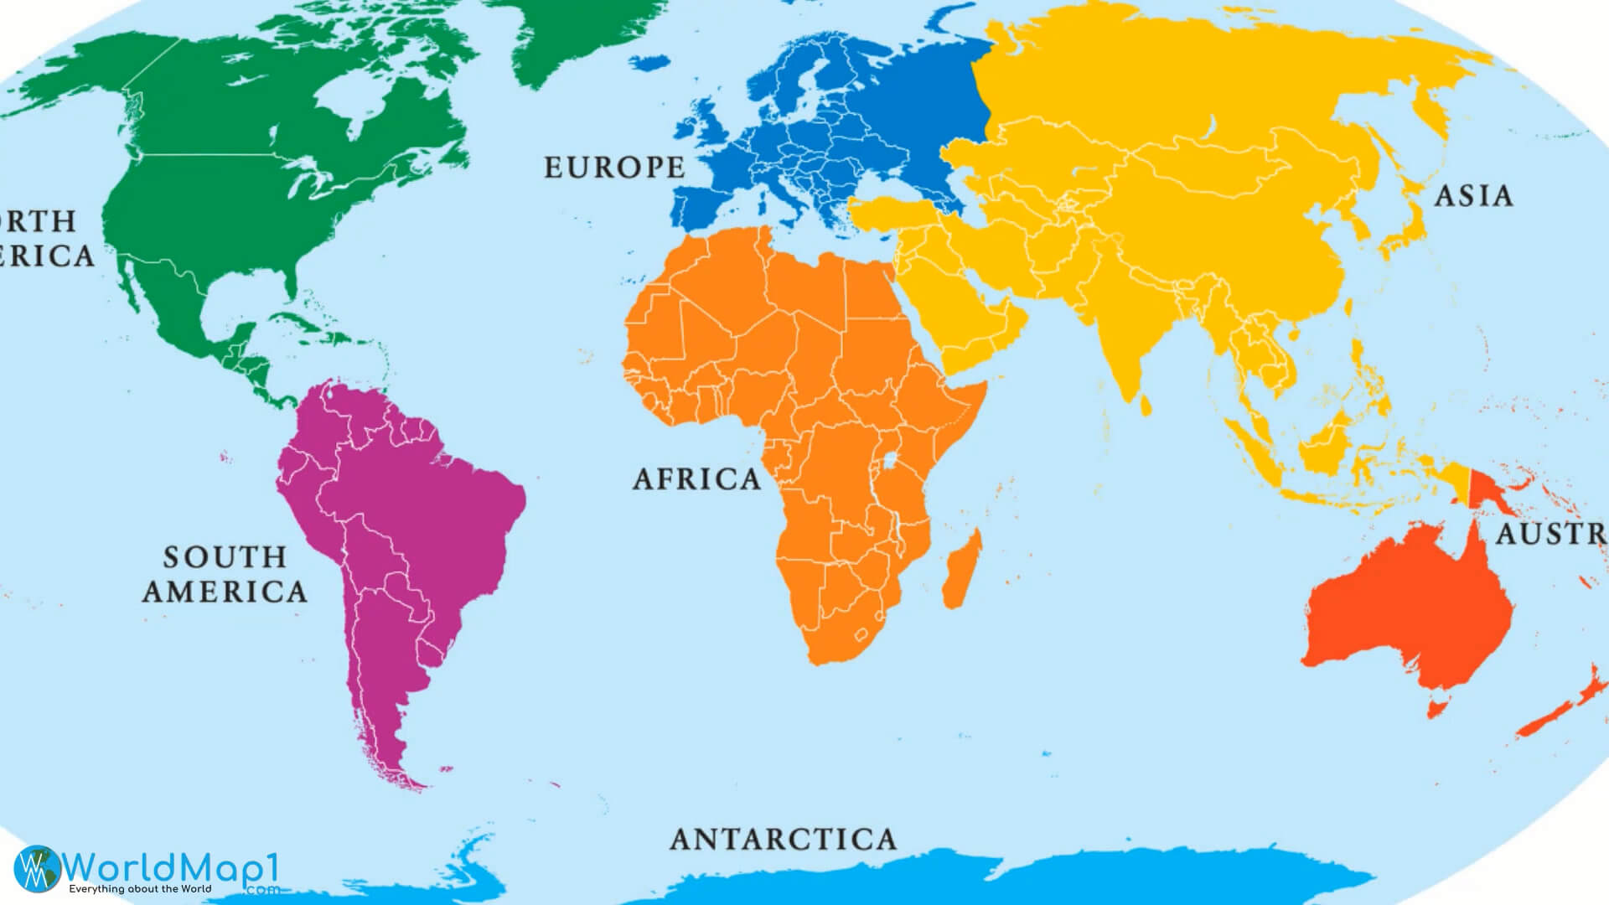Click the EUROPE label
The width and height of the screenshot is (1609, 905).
(x=614, y=168)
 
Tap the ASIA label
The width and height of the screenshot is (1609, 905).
(x=1474, y=196)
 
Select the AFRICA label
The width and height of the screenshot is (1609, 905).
(x=696, y=479)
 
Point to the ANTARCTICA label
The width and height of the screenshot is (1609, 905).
(x=783, y=839)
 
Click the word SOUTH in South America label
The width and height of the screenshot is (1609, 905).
(x=225, y=557)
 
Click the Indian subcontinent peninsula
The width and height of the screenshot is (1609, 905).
(x=1127, y=344)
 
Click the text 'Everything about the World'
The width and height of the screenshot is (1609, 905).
(x=140, y=889)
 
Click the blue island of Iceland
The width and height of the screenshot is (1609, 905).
(x=649, y=63)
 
